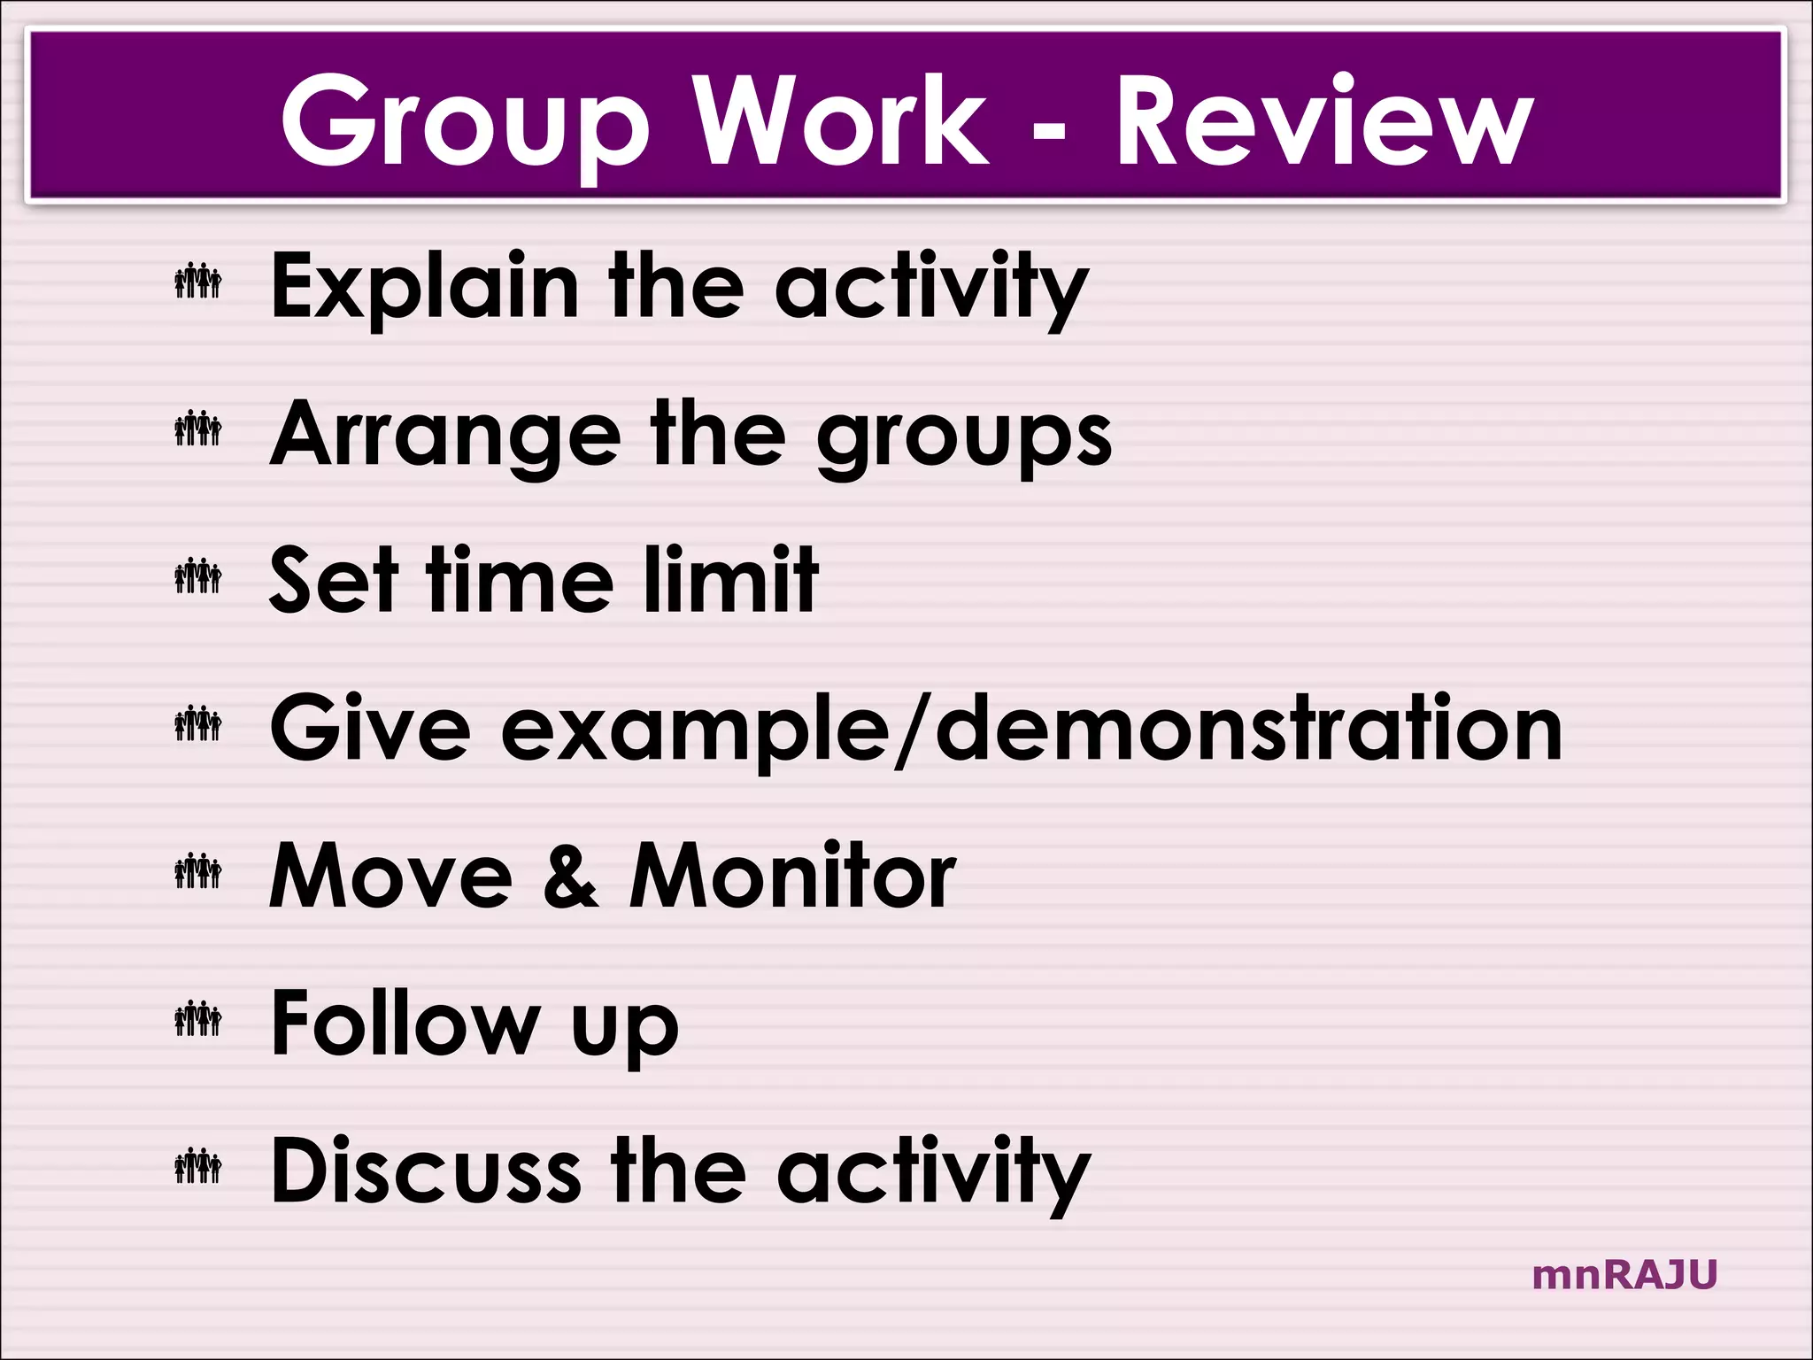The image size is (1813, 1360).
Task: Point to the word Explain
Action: pos(424,287)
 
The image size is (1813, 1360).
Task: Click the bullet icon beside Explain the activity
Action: pos(197,282)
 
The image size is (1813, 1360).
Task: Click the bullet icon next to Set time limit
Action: pos(197,576)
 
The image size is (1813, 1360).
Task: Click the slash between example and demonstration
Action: pos(912,730)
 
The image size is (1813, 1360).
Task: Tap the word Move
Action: pos(390,876)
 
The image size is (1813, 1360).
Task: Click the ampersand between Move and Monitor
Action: pos(570,877)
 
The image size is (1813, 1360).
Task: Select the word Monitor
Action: pos(792,876)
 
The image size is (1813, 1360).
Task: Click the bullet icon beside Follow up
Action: pos(197,1019)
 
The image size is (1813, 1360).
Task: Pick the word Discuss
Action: pos(426,1171)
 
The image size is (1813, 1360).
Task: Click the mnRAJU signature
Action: pos(1624,1275)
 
